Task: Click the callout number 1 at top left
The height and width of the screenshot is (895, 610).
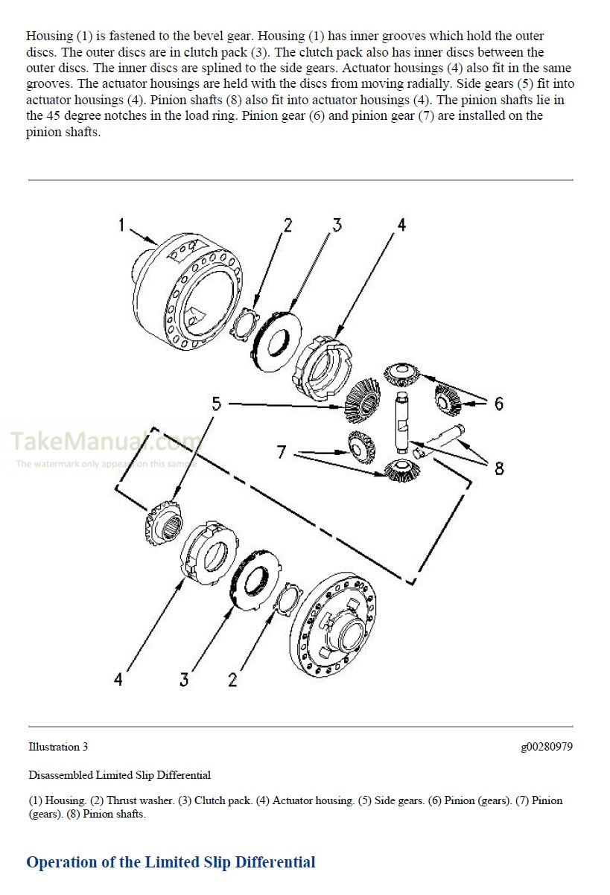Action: coord(121,224)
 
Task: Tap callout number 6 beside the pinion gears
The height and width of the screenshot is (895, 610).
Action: coord(498,403)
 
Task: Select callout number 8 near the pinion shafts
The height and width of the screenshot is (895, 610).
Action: coord(498,468)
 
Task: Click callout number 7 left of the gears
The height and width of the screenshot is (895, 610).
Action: coord(281,452)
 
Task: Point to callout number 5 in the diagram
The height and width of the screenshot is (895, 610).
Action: coord(216,404)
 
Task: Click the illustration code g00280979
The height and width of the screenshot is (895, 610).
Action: coord(546,747)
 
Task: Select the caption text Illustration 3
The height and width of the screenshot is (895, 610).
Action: coord(58,747)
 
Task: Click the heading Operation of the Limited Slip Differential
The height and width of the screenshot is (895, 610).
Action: coord(171,862)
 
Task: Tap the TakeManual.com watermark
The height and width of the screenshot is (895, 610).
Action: coord(104,442)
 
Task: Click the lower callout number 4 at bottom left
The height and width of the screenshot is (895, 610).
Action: coord(118,678)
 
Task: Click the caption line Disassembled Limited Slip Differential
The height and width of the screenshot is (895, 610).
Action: coord(119,775)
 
